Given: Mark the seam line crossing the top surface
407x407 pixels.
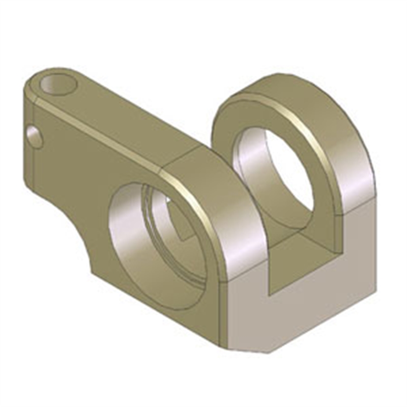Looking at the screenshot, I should pos(183,153).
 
